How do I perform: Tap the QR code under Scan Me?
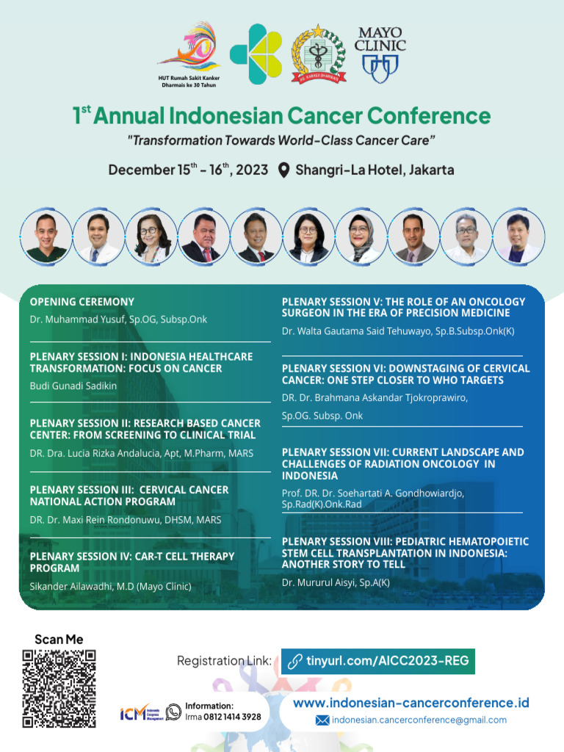tap(59, 689)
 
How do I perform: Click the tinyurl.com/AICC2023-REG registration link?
tap(378, 660)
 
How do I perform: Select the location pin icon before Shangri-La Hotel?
tap(284, 170)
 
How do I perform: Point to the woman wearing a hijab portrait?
tap(361, 236)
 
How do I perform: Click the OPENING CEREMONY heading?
tap(82, 302)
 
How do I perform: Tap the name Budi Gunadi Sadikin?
tap(73, 386)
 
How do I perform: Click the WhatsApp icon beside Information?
tap(173, 712)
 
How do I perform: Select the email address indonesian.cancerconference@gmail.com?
tap(419, 720)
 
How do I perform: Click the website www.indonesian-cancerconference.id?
tap(411, 703)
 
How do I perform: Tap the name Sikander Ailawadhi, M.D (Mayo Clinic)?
tap(111, 586)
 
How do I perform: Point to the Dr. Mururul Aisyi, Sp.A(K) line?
tap(336, 582)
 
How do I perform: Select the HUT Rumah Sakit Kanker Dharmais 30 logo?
tap(189, 55)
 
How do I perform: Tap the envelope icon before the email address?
tap(322, 720)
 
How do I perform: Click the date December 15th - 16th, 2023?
tap(188, 170)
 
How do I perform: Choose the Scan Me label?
tap(59, 640)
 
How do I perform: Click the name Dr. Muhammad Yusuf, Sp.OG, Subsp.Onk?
tap(118, 319)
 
